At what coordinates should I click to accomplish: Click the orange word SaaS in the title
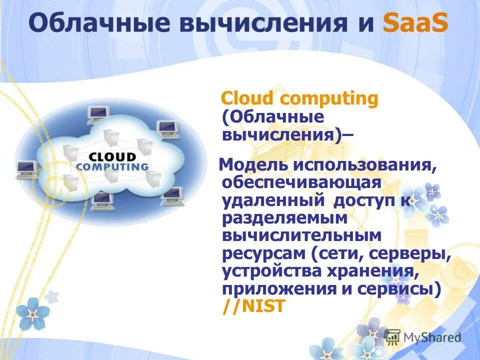point(415,24)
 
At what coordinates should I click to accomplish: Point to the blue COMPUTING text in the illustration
point(112,166)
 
